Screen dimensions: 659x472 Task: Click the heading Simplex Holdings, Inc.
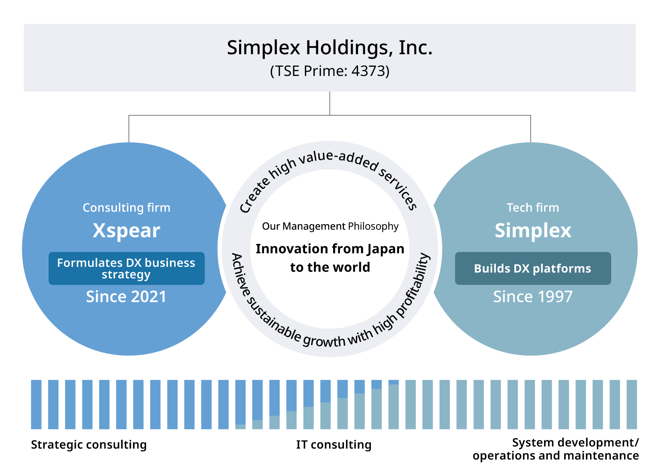(329, 48)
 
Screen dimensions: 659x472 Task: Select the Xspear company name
(127, 231)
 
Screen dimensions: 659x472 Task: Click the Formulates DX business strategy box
(127, 268)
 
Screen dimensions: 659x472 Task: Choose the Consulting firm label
(127, 208)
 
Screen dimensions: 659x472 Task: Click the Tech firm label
(533, 208)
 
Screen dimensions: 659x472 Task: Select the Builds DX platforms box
(533, 268)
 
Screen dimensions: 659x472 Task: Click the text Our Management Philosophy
(330, 226)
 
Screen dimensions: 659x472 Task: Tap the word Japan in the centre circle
(385, 249)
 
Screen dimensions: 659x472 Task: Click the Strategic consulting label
(89, 444)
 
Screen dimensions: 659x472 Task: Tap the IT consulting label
(334, 444)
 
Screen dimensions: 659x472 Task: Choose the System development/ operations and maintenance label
(556, 449)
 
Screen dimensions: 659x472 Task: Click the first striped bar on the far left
(36, 405)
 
